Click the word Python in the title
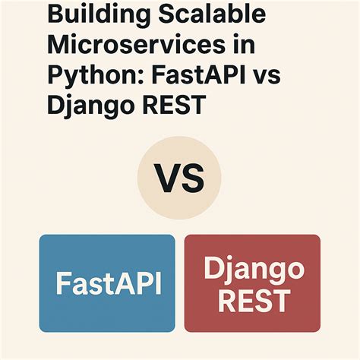[86, 74]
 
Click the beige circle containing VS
[179, 179]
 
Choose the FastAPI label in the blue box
[106, 283]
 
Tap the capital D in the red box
[215, 268]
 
